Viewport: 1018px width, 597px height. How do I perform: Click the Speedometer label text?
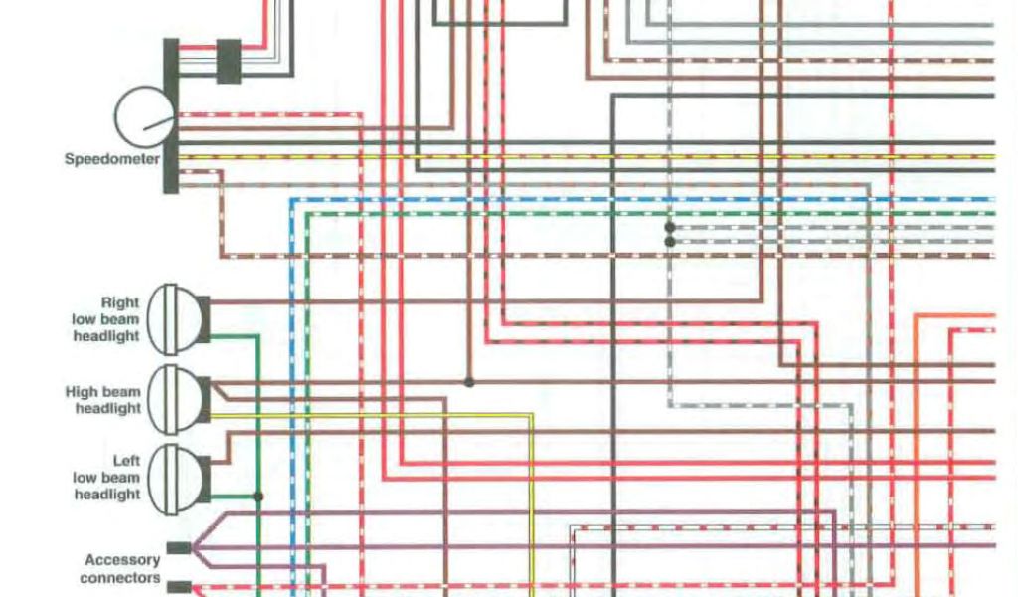(x=111, y=158)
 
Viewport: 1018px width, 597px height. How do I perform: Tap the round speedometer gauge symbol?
(x=145, y=116)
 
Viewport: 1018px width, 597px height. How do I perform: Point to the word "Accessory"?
(x=122, y=560)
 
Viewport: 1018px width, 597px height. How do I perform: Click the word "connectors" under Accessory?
(x=120, y=578)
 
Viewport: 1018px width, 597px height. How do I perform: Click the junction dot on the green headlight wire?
(x=258, y=496)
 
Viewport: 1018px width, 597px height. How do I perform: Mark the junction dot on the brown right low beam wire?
(x=469, y=381)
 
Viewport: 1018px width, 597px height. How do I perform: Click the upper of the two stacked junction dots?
(x=670, y=228)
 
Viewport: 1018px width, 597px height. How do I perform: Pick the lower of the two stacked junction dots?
(x=670, y=241)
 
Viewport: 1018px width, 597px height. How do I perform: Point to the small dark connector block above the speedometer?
(x=228, y=61)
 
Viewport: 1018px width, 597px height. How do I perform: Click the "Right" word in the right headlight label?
(x=120, y=302)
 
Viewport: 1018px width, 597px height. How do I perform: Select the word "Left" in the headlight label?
(x=126, y=461)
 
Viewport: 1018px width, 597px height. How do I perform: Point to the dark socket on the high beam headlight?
(x=203, y=398)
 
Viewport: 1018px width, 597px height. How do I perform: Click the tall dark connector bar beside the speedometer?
(x=171, y=115)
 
